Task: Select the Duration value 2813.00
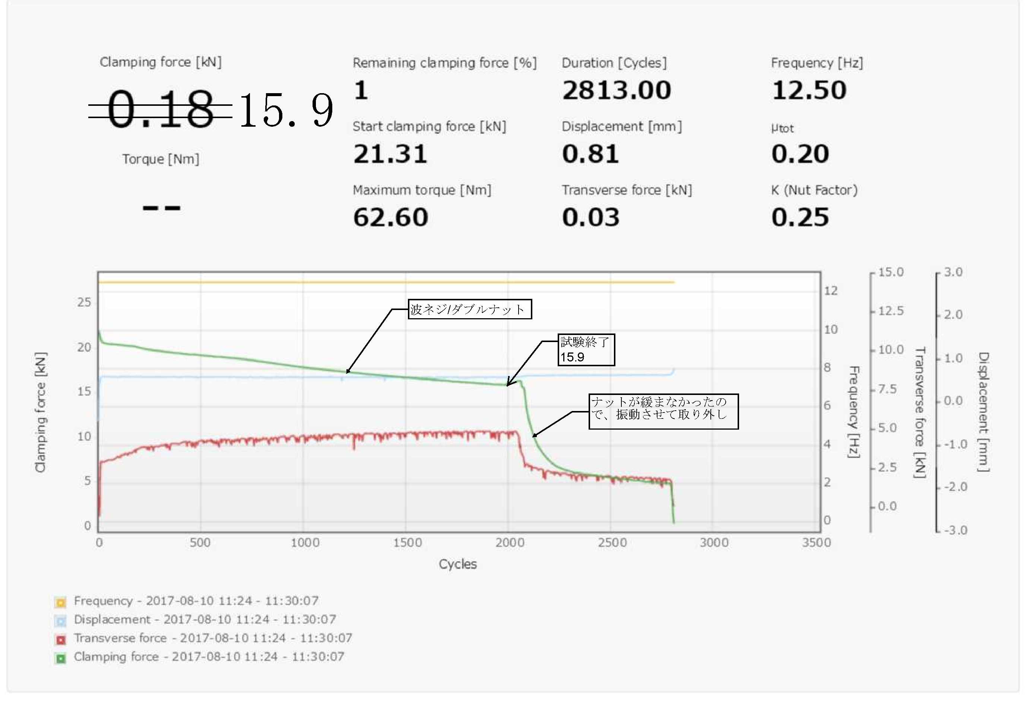[x=617, y=91]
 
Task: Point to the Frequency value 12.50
[x=809, y=91]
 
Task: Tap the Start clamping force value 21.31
[x=390, y=154]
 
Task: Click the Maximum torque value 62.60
[x=390, y=218]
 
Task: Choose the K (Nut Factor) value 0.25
[x=800, y=218]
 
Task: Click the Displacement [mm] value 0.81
[x=590, y=154]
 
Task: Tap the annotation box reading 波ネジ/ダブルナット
[x=469, y=309]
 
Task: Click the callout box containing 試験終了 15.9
[x=586, y=350]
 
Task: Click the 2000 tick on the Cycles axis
[x=510, y=542]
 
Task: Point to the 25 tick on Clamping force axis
[x=84, y=303]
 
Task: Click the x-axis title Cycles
[x=457, y=564]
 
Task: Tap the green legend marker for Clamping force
[x=61, y=658]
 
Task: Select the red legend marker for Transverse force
[x=61, y=639]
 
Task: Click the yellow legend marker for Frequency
[x=61, y=603]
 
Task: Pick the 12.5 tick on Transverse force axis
[x=890, y=311]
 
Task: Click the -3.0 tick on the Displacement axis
[x=955, y=530]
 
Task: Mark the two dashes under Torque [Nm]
[x=161, y=208]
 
